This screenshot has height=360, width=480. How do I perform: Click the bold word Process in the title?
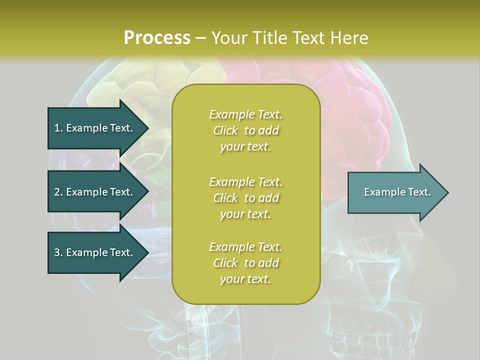pos(157,38)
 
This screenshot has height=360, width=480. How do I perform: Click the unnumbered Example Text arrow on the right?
pos(397,192)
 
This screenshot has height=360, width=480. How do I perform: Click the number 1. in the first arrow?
pos(58,128)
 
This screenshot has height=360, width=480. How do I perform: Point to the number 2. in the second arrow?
pos(58,192)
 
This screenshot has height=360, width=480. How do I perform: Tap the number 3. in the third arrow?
pos(58,252)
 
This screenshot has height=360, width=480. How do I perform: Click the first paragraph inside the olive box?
pos(245,130)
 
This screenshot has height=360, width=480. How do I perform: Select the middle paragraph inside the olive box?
pos(245,198)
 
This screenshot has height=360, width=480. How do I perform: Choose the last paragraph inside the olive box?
pos(245,263)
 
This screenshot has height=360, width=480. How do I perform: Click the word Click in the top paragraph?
pos(225,130)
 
